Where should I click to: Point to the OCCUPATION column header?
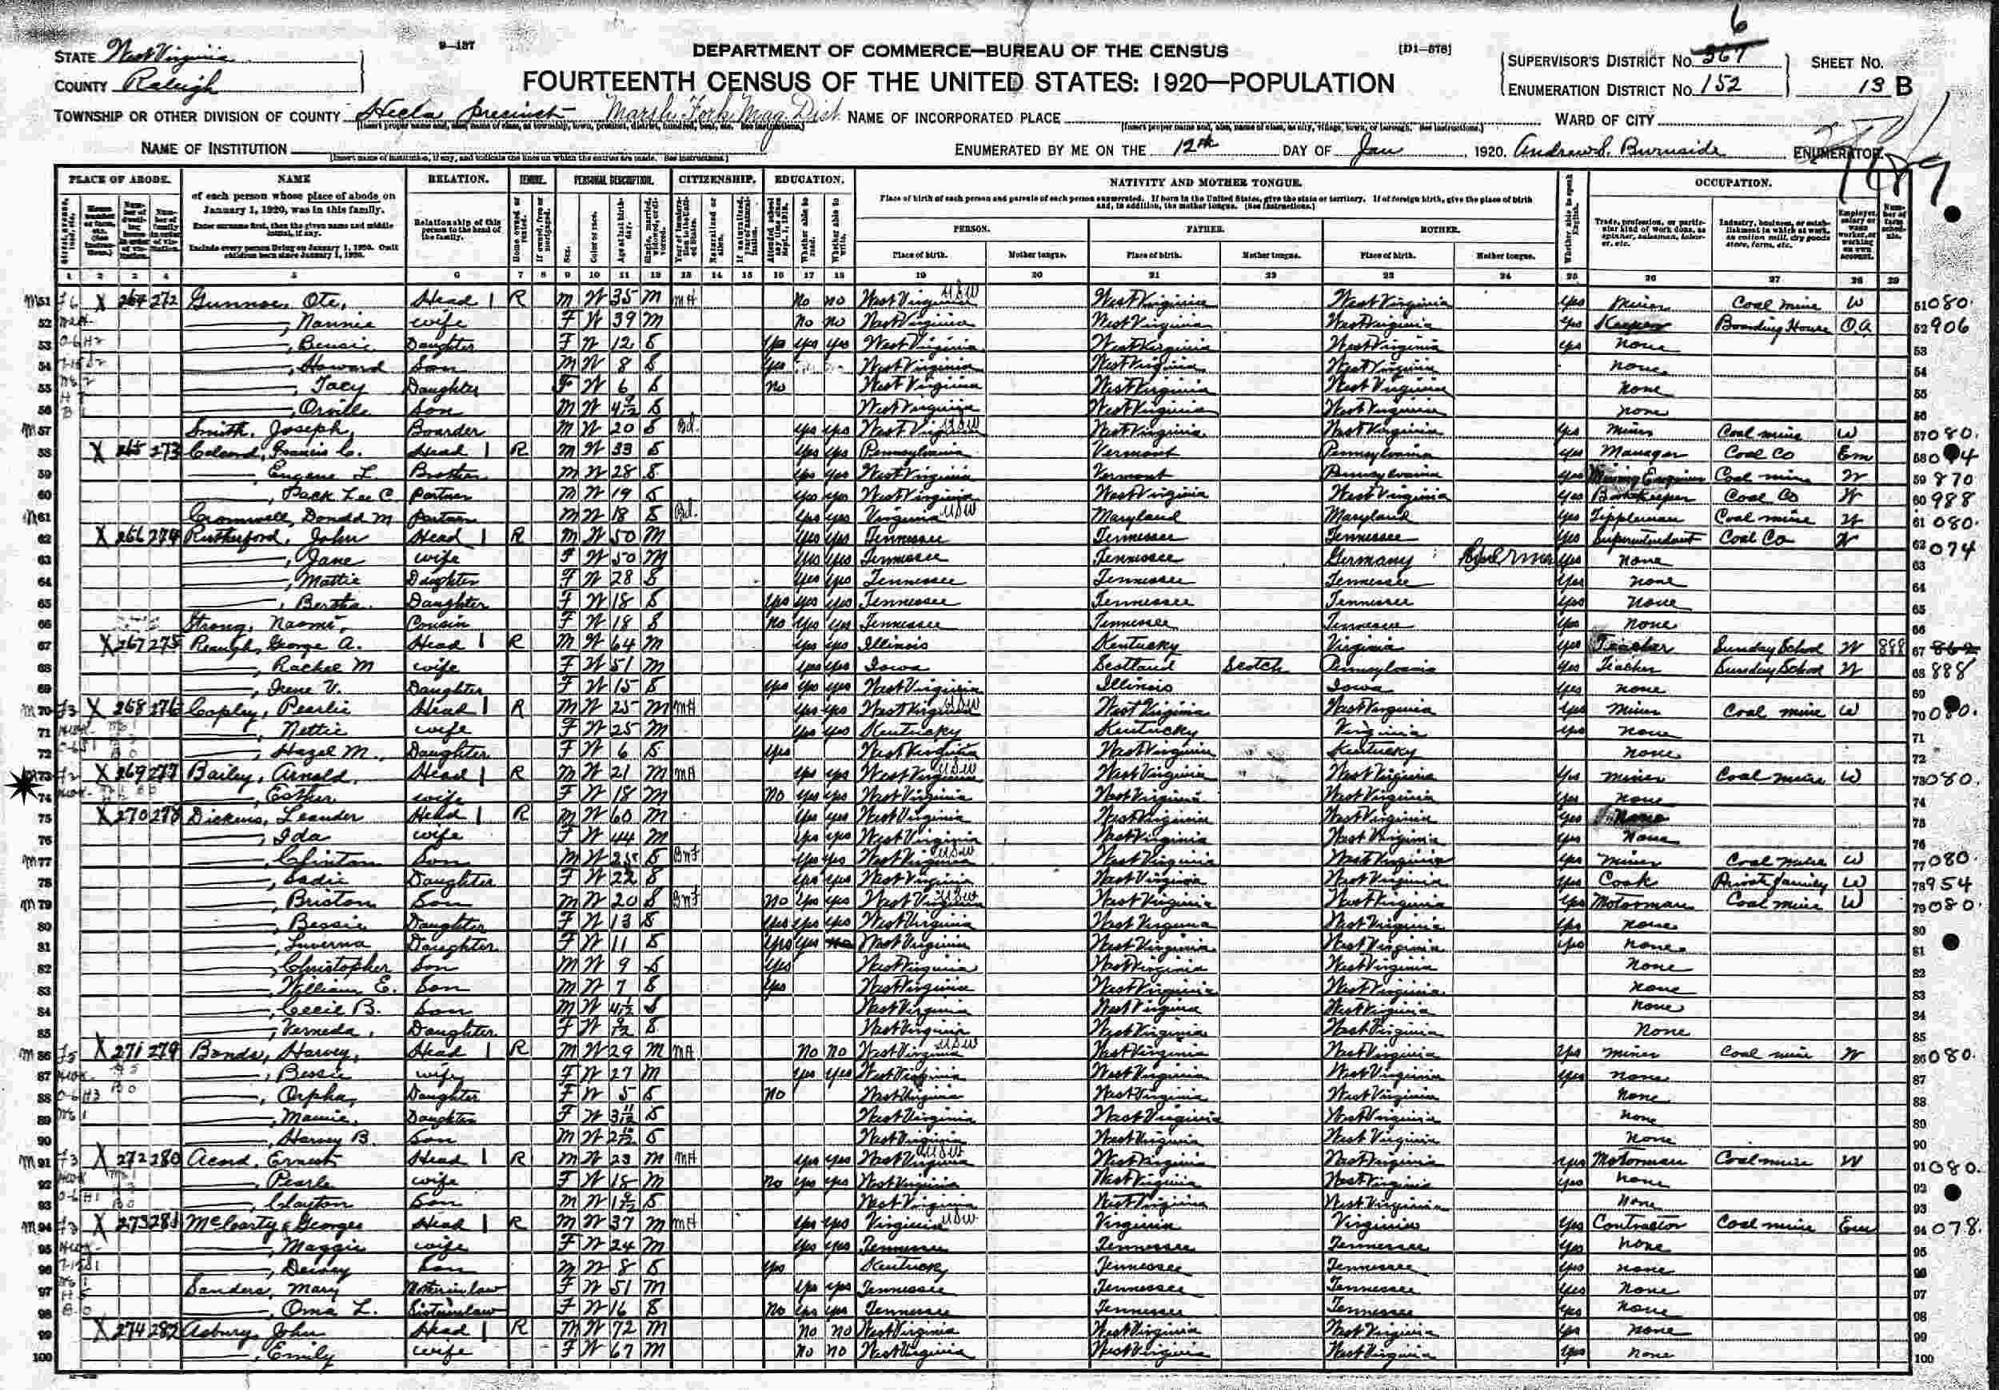pos(1732,184)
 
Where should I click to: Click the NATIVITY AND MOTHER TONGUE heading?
pos(1206,182)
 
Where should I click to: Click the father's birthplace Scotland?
pos(1133,667)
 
